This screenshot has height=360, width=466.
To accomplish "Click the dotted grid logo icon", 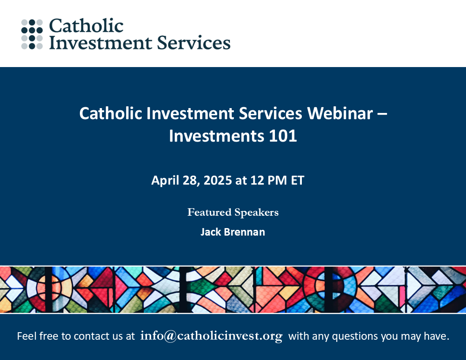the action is pyautogui.click(x=32, y=34).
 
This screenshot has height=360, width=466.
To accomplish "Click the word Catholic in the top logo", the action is pyautogui.click(x=86, y=26).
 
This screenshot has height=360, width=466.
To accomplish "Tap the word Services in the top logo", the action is pyautogui.click(x=193, y=42).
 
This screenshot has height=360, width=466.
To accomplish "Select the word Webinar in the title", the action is pyautogui.click(x=340, y=113).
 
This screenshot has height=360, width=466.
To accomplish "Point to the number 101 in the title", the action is pyautogui.click(x=283, y=136).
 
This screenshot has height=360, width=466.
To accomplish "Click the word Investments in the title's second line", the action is pyautogui.click(x=216, y=136).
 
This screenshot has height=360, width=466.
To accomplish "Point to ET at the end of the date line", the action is pyautogui.click(x=297, y=180).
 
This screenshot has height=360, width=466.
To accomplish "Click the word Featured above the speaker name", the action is pyautogui.click(x=209, y=212).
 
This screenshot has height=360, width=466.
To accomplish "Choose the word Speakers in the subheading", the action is pyautogui.click(x=256, y=213).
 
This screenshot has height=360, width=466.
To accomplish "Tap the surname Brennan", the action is pyautogui.click(x=244, y=232).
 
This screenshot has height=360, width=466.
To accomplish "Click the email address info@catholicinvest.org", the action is pyautogui.click(x=211, y=336).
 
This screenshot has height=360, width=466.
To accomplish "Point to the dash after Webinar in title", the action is pyautogui.click(x=383, y=114).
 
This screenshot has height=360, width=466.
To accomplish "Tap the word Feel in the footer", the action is pyautogui.click(x=26, y=336).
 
